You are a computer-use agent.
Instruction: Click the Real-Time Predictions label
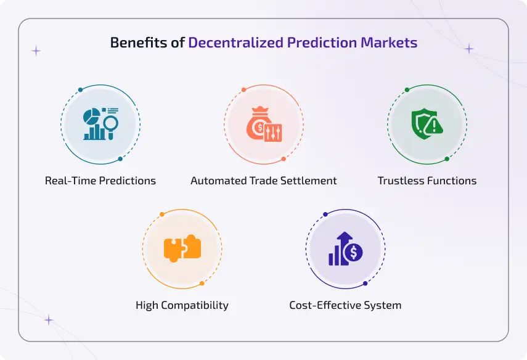coord(100,181)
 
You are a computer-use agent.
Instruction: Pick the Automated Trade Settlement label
coord(264,181)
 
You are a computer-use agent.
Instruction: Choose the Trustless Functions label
coord(427,181)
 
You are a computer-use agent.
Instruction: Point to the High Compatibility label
coord(182,305)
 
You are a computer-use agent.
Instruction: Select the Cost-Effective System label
coord(345,305)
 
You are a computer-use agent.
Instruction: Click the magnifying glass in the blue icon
coord(111,125)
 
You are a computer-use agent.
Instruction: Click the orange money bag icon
coord(255,126)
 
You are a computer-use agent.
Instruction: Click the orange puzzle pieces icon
coord(182,248)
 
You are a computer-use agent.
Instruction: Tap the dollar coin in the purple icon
coord(354,252)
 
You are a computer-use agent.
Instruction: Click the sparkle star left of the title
coord(36,51)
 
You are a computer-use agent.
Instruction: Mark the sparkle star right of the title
coord(470,49)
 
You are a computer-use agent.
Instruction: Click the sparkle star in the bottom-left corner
coord(48,320)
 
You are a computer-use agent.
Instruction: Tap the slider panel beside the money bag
coord(273,133)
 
